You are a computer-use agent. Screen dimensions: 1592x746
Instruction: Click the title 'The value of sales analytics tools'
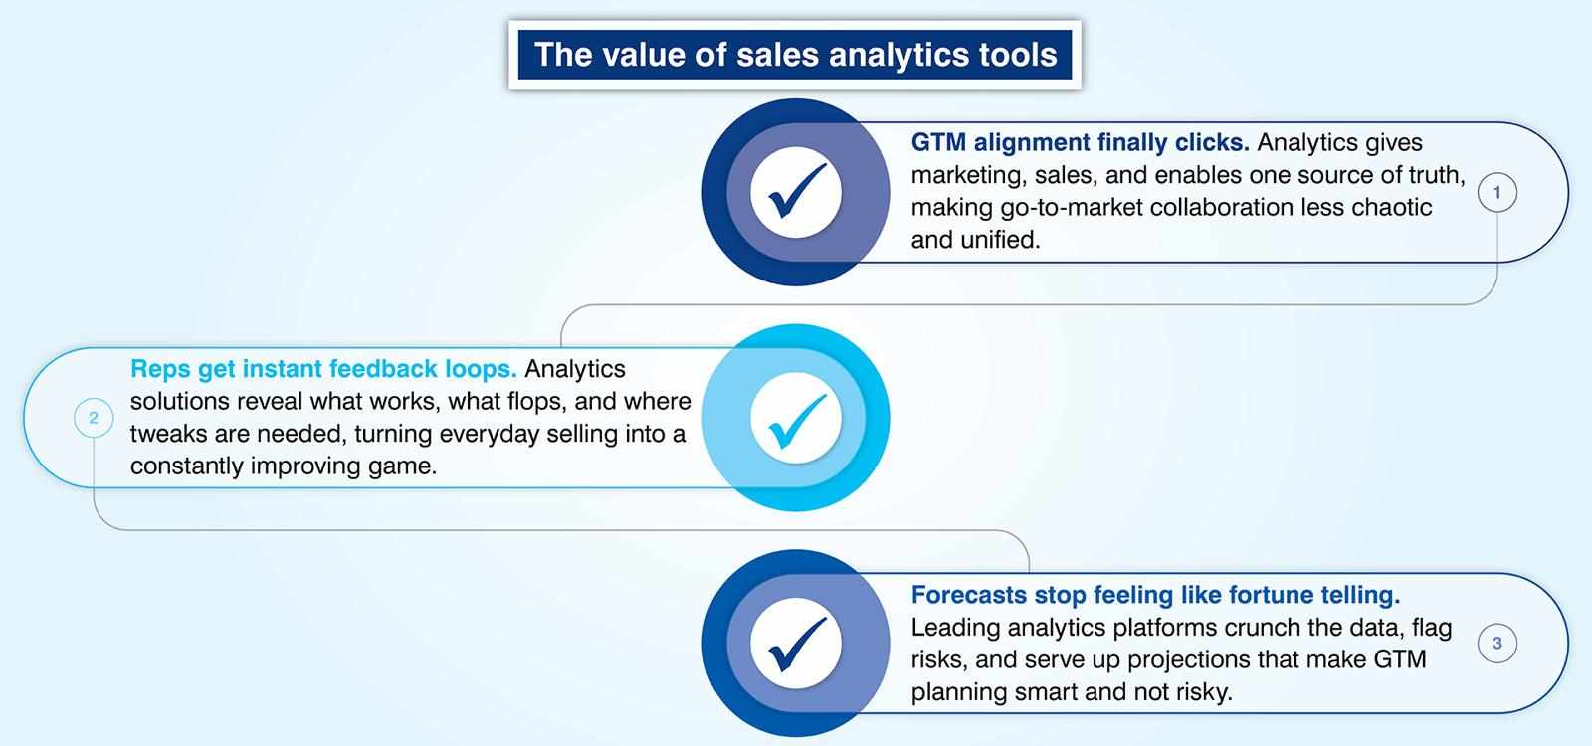tap(795, 55)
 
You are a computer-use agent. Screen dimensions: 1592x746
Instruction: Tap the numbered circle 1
tap(1497, 193)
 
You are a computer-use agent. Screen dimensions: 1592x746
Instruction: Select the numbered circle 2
tap(94, 418)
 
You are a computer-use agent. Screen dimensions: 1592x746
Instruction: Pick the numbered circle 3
tap(1497, 643)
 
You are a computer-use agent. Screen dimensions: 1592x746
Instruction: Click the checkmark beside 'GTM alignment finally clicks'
tap(797, 190)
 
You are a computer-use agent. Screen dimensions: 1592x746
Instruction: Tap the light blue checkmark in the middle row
tap(797, 421)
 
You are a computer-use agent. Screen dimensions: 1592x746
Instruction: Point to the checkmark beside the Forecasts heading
tap(797, 643)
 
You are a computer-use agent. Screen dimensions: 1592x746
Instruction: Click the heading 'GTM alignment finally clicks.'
tap(1080, 143)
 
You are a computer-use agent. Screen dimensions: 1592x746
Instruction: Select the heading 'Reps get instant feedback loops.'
tap(323, 369)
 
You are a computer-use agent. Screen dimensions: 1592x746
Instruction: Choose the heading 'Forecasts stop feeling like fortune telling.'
tap(1155, 595)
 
